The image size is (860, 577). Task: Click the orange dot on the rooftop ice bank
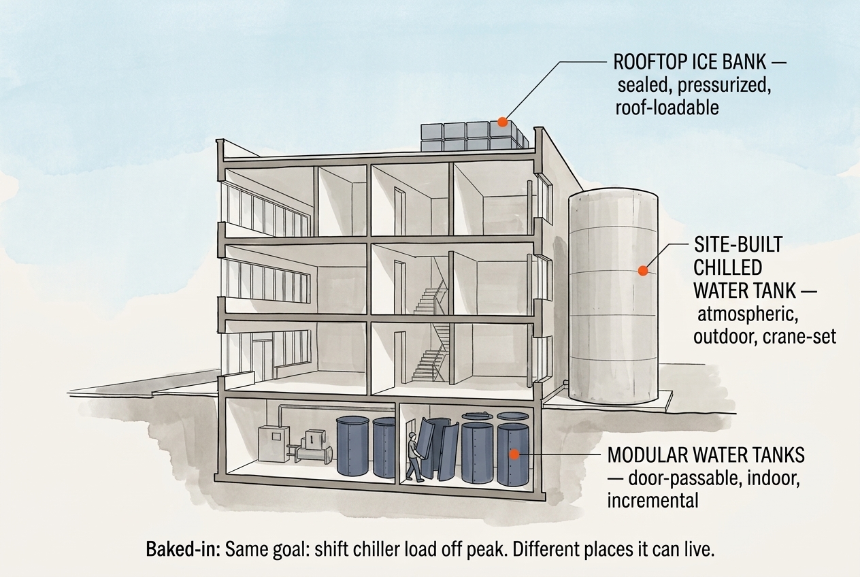coord(503,122)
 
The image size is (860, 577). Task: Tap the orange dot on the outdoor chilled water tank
coord(643,271)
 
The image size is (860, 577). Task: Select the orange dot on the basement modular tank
coord(514,455)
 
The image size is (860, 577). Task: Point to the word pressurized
coord(725,85)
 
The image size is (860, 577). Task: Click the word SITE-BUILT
coord(738,244)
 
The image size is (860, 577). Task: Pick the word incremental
coord(652,501)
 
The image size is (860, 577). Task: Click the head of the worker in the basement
coord(412,436)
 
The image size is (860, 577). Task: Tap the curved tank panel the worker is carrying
coord(431,448)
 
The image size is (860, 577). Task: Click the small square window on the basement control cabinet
coord(276,436)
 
